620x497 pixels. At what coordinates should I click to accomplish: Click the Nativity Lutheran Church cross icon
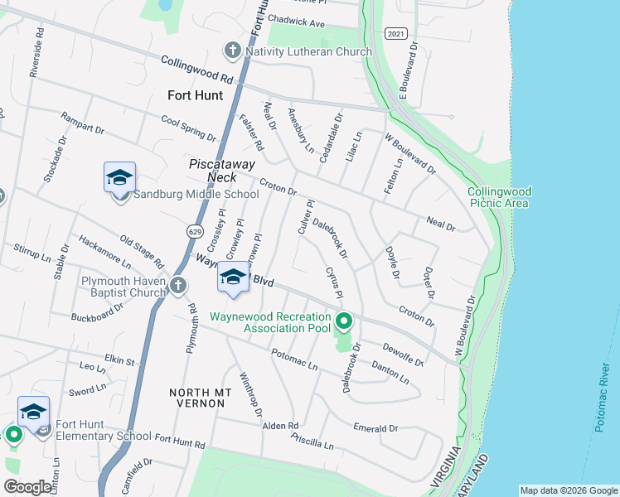click(x=234, y=51)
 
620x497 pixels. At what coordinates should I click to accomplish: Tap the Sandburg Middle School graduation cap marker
click(x=119, y=177)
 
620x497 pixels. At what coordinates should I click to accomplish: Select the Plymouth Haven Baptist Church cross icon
click(x=179, y=287)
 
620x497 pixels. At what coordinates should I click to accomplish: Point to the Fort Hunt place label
click(x=196, y=95)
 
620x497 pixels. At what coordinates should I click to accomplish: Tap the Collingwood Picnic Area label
click(x=499, y=196)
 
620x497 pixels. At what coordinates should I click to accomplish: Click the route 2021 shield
click(x=396, y=32)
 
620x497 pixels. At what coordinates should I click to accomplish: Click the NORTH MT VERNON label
click(x=197, y=398)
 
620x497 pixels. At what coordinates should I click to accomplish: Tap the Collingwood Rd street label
click(x=197, y=70)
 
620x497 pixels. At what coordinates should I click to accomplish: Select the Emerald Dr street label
click(x=375, y=428)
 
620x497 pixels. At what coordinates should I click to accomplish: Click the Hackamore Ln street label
click(x=104, y=252)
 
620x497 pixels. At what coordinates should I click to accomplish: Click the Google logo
click(x=28, y=487)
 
